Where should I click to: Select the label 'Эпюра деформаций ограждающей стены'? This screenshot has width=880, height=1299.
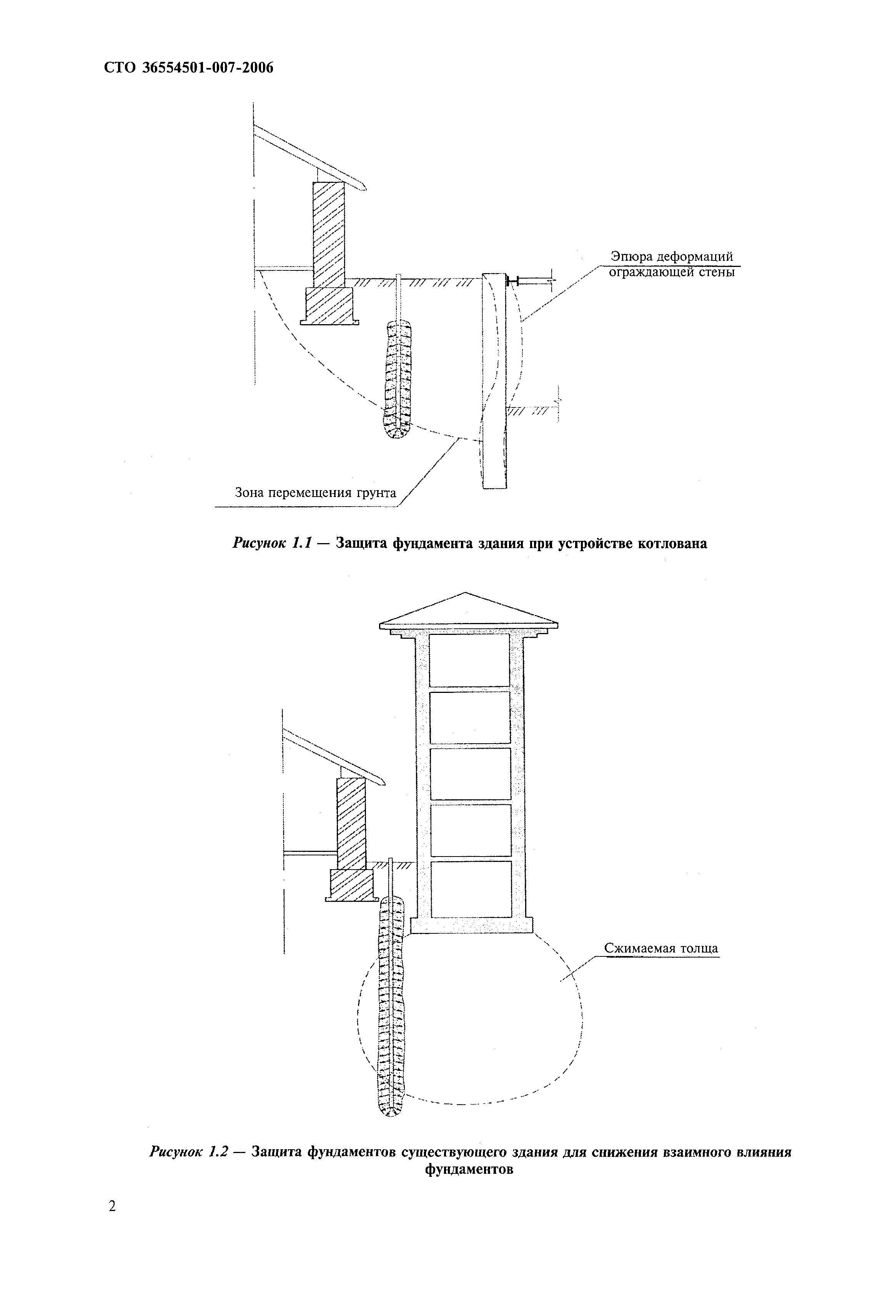[671, 265]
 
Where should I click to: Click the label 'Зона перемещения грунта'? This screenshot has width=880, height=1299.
[315, 492]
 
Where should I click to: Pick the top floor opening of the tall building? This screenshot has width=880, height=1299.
[469, 659]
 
